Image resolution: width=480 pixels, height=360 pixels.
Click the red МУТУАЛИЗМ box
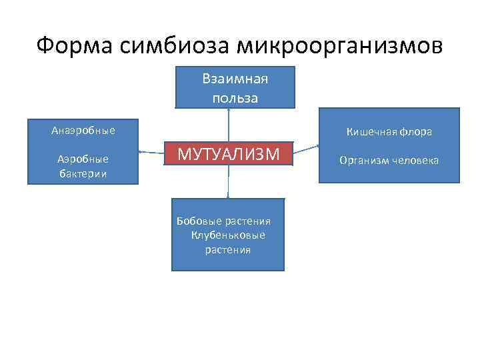(228, 154)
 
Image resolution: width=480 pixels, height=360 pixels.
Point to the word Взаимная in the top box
(235, 80)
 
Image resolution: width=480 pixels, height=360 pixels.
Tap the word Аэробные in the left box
(83, 159)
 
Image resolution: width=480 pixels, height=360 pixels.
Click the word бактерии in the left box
(83, 173)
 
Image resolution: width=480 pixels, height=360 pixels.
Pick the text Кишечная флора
(389, 132)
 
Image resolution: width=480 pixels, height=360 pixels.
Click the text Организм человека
(389, 160)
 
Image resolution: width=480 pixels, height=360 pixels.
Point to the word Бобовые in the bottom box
(197, 221)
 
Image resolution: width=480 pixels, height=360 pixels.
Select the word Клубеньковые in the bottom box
(228, 235)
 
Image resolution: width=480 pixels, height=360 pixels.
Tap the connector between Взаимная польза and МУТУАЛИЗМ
(229, 125)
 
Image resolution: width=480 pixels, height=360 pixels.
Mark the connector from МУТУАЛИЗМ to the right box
(307, 149)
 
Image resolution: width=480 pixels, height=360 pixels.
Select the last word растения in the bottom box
(228, 250)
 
